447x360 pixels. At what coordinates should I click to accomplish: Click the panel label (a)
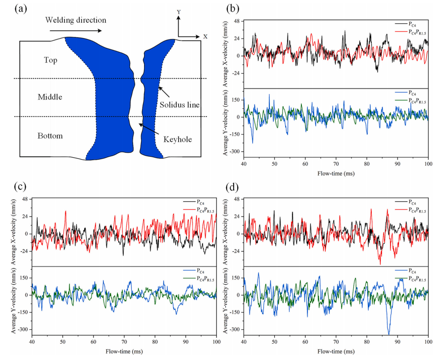point(21,9)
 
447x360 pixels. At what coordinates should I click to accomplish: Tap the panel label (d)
point(232,187)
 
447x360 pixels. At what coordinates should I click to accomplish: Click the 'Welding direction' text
point(76,20)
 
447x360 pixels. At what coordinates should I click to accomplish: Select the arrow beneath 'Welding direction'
point(76,31)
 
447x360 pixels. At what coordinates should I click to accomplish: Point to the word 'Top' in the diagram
point(50,60)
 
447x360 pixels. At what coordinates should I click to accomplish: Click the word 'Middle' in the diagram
point(50,97)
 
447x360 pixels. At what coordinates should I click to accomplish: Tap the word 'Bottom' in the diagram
point(50,136)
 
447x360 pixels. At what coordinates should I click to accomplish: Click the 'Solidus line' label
point(179,105)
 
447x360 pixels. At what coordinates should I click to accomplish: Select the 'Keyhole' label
point(177,139)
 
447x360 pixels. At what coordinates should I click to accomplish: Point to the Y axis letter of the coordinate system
point(179,12)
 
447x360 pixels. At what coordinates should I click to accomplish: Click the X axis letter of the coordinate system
point(205,37)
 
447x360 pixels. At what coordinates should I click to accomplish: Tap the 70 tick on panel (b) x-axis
point(336,164)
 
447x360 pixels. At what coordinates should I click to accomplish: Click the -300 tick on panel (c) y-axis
point(23,329)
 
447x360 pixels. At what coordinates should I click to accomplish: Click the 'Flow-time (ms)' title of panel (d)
point(336,352)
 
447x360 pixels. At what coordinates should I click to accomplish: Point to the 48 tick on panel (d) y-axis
point(237,199)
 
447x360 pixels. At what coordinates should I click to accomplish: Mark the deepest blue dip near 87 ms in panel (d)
point(389,334)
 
